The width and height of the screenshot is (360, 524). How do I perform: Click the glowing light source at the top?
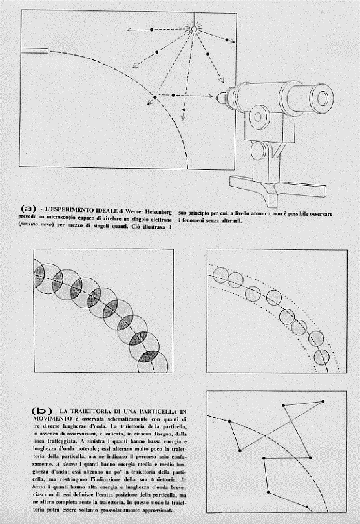pos(194,30)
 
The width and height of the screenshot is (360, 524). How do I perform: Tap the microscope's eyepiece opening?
pos(323,98)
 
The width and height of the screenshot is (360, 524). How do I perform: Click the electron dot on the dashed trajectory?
pos(154,98)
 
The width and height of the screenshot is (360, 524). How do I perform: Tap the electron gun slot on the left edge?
pos(34,51)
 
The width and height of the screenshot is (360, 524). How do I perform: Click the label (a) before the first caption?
pos(28,209)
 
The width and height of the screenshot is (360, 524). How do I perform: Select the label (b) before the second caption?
pos(41,410)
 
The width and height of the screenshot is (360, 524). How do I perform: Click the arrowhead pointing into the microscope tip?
pos(209,96)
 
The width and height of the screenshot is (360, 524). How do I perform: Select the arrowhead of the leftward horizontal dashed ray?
pos(129,30)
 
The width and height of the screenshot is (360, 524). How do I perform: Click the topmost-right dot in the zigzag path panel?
pos(323,401)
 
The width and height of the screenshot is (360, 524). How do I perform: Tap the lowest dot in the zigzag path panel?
pos(307,507)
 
